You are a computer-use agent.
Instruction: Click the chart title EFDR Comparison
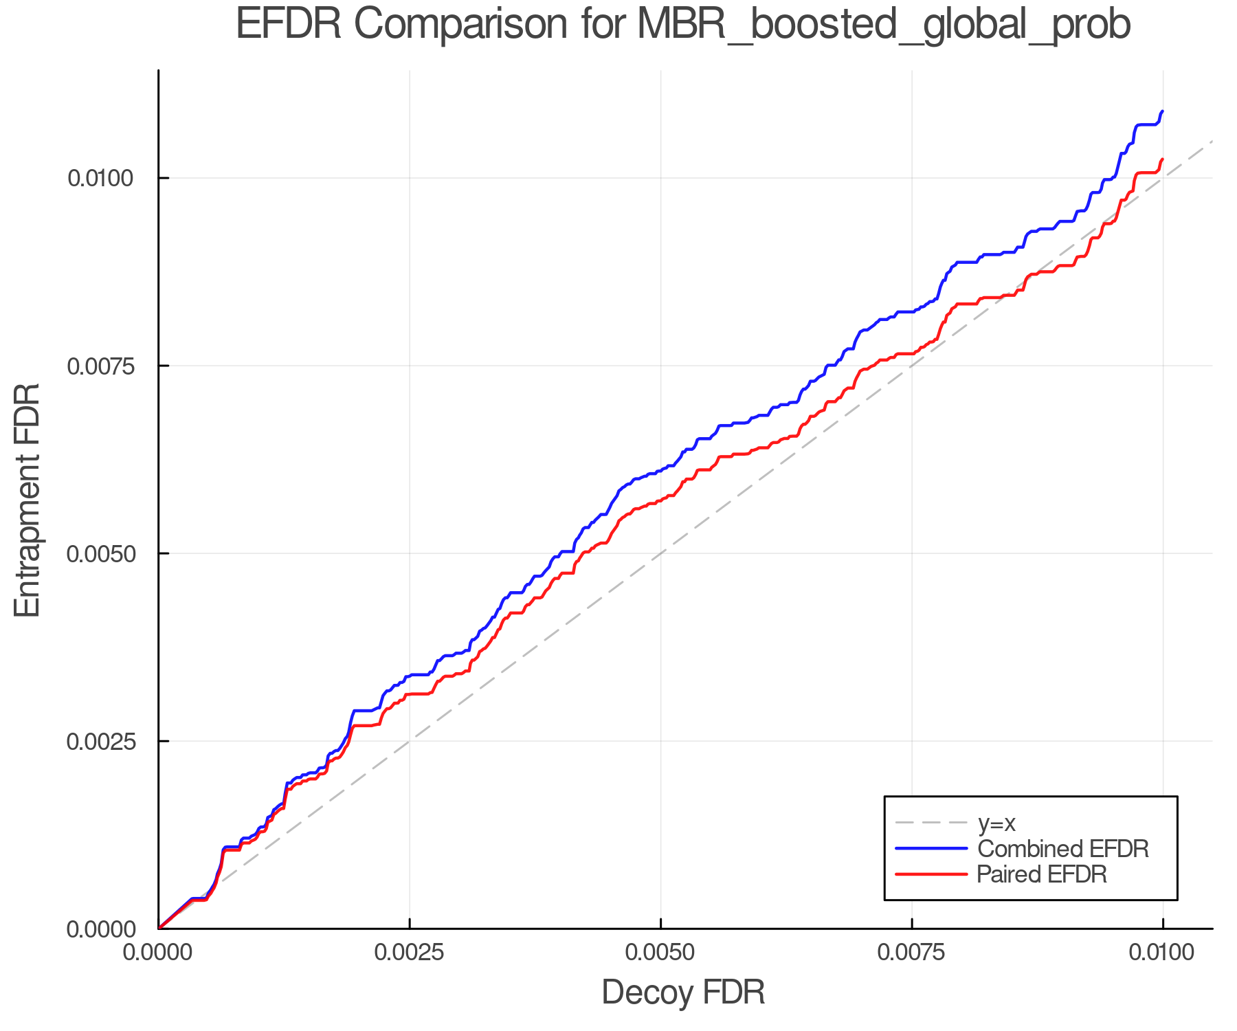pos(402,25)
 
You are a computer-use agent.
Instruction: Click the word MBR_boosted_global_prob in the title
pos(883,26)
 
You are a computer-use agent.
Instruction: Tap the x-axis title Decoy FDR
pos(683,993)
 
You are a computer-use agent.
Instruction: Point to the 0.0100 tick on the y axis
pos(100,178)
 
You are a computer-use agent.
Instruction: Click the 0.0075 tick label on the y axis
pos(100,366)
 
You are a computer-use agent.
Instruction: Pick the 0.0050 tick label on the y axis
pos(100,553)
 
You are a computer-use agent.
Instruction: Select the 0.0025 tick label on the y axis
pos(100,741)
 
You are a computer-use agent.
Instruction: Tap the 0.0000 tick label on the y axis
pos(100,929)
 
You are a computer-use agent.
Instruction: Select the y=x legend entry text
pos(996,823)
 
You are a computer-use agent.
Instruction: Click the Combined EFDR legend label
pos(1062,848)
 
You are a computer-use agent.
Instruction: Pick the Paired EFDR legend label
pos(1041,874)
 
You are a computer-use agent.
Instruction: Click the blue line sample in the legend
pos(931,848)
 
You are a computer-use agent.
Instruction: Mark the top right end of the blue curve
pos(1162,111)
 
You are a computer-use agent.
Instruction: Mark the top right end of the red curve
pos(1162,159)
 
